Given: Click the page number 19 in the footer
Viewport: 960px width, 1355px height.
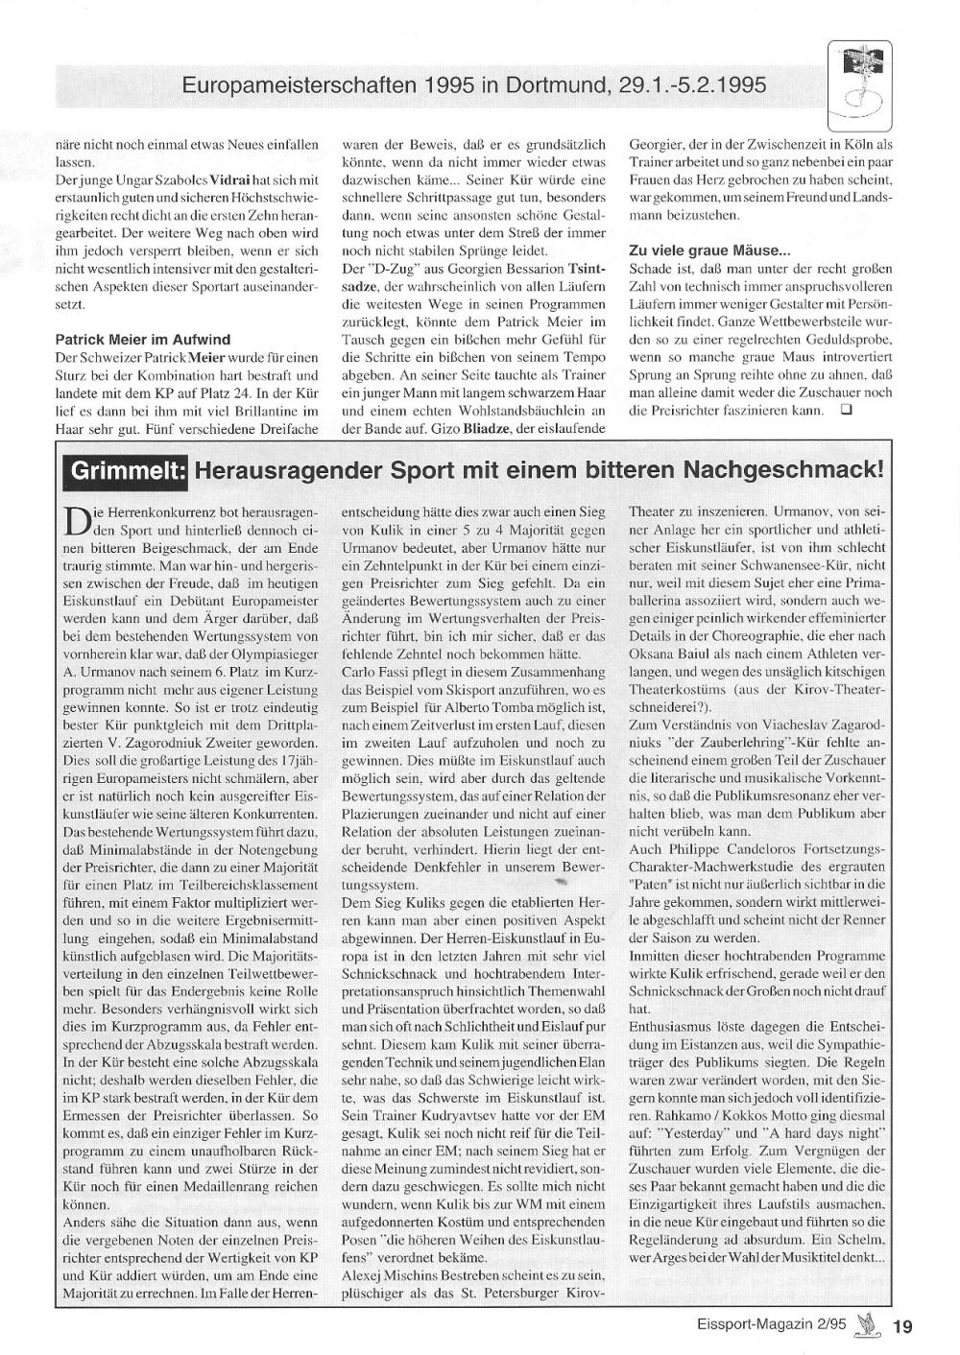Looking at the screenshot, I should (902, 1327).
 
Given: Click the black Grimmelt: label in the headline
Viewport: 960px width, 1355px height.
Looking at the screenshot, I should (126, 470).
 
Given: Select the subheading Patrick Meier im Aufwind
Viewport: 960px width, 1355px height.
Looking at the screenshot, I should (143, 339).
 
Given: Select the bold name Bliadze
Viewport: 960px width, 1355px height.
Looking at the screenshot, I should (488, 428).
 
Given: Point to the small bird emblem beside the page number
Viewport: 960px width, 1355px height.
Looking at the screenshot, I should (870, 1325).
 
